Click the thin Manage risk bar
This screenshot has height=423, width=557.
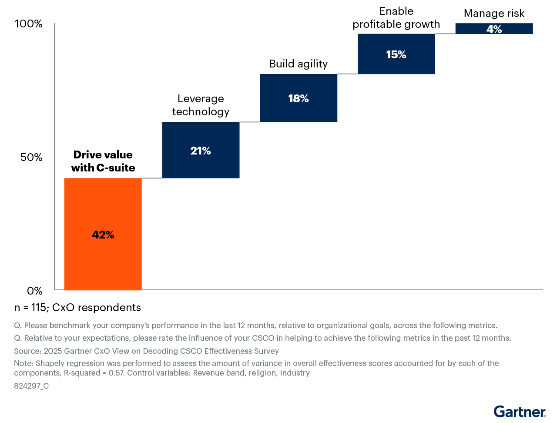point(494,29)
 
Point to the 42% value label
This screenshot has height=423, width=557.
point(103,235)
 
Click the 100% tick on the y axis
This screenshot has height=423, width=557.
point(29,23)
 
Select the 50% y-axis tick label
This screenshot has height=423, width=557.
point(31,157)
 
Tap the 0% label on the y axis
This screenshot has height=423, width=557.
point(35,291)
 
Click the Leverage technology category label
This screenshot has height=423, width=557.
point(201,105)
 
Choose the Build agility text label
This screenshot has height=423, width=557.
point(299,64)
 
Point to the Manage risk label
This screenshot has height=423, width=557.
point(494,13)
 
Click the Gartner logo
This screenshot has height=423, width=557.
point(519,411)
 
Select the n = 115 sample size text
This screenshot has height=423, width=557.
point(77,308)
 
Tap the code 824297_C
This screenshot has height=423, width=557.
point(31,386)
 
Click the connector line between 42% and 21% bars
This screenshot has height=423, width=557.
point(152,178)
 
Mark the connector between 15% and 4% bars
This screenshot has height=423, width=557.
point(445,34)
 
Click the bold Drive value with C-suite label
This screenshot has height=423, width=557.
point(103,161)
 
